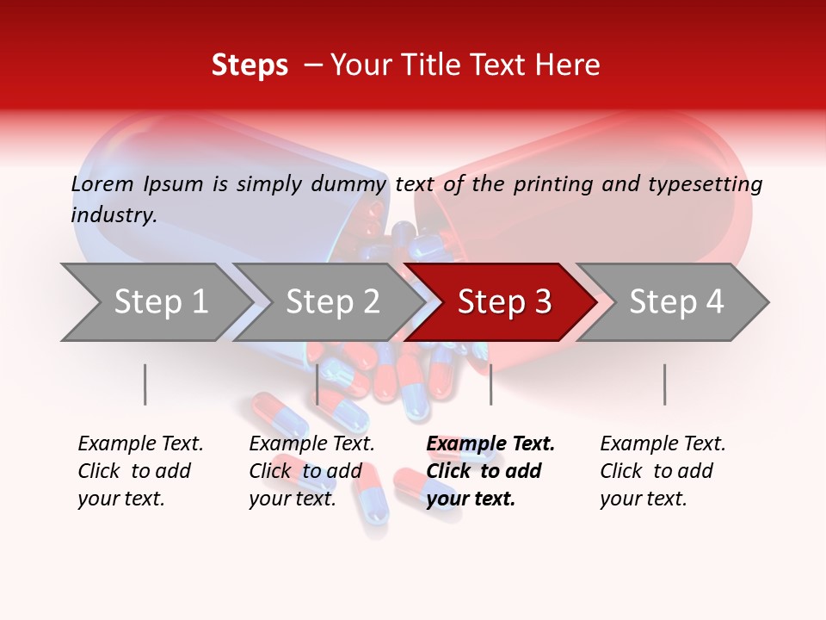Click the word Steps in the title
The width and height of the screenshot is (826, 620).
click(x=250, y=65)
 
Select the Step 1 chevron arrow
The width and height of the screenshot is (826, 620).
click(x=155, y=302)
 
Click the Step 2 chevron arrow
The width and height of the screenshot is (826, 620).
click(x=327, y=302)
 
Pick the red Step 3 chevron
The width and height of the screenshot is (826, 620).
click(x=501, y=302)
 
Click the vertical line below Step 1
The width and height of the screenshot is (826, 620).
click(x=145, y=384)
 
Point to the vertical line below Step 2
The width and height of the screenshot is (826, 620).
click(x=317, y=384)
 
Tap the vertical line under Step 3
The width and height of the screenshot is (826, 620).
click(x=490, y=384)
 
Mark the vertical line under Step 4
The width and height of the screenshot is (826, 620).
click(x=664, y=384)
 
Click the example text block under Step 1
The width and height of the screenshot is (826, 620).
click(x=140, y=471)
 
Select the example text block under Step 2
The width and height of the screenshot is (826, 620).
click(x=311, y=471)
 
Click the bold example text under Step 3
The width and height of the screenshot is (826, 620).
click(x=490, y=471)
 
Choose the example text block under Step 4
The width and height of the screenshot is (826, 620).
click(x=663, y=471)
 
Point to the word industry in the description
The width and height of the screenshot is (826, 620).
click(x=114, y=215)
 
